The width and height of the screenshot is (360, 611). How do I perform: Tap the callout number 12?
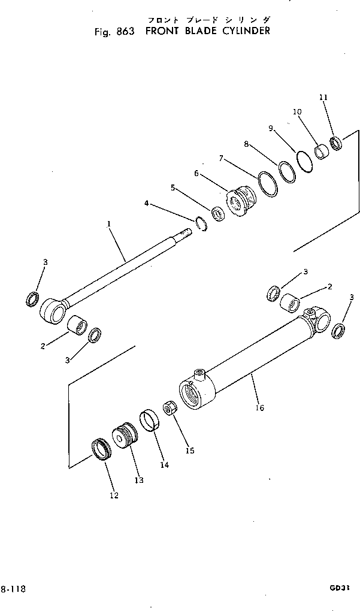113,495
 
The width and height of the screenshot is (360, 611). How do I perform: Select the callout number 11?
323,97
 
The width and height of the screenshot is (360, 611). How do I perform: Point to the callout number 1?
108,224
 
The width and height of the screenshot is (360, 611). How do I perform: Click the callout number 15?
190,450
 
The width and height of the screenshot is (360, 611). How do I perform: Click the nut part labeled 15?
170,410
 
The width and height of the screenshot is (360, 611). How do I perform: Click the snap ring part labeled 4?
201,225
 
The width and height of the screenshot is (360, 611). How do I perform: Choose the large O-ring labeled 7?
268,184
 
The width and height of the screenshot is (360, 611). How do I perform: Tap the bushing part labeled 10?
323,150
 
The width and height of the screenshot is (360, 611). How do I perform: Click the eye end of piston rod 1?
50,311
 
